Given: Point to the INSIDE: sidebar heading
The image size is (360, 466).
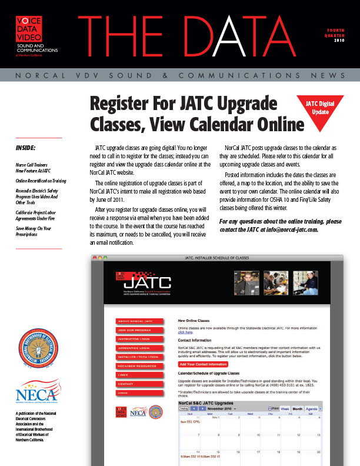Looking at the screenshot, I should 26,147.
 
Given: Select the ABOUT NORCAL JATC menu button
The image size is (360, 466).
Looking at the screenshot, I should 135,322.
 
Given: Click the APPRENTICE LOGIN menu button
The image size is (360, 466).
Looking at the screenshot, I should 135,348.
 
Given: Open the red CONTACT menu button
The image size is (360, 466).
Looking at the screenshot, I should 135,383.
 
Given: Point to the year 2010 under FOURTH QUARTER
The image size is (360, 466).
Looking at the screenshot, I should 339,41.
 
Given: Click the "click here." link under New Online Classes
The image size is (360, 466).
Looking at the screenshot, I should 185,332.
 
